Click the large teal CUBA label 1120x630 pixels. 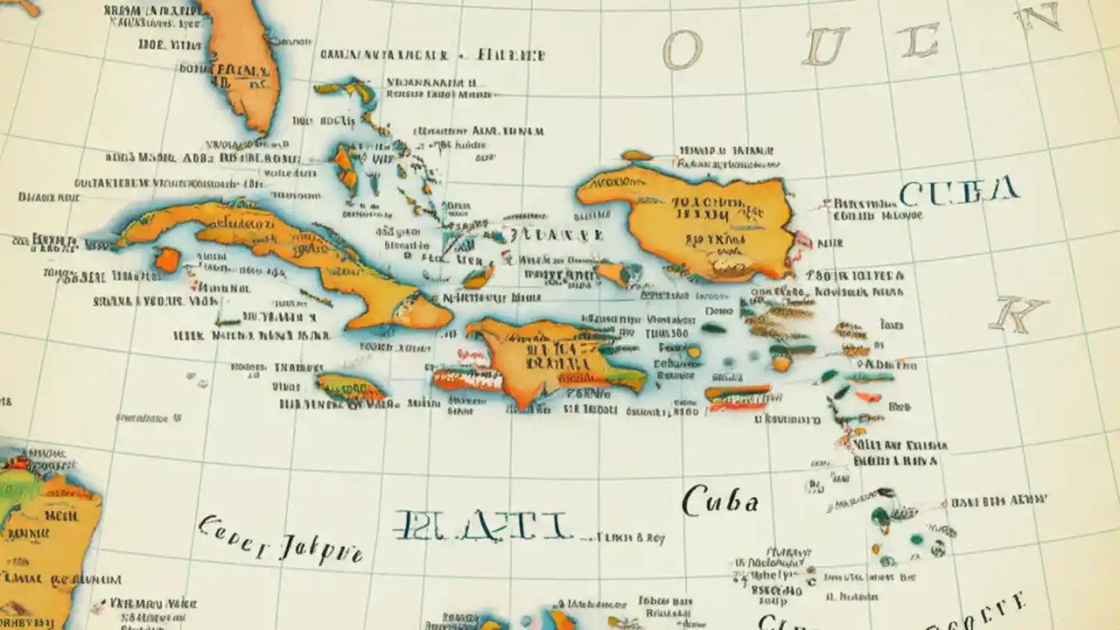point(958,191)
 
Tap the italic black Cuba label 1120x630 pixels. point(719,501)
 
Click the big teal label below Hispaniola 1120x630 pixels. point(483,524)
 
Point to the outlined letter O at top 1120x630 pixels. point(682,51)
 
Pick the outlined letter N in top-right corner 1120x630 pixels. point(1038,17)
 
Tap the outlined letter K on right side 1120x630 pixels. point(1018,312)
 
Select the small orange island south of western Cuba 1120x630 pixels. point(166,259)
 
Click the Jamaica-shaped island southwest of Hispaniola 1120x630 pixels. point(350,387)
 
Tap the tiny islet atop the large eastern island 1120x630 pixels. point(636,156)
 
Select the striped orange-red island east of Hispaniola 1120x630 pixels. point(738,396)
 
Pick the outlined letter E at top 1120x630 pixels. point(920,39)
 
